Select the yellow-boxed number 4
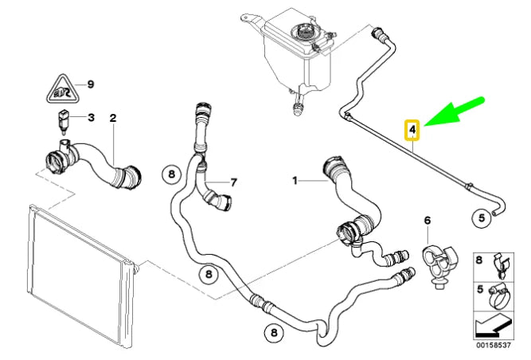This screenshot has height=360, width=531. point(412,127)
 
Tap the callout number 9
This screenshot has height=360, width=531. point(91,84)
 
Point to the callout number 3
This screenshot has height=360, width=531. point(91,118)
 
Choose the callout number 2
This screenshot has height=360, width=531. point(113,118)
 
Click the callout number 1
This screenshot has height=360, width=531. point(295,182)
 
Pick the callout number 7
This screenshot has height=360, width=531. point(233,182)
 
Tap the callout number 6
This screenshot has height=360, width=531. point(427,220)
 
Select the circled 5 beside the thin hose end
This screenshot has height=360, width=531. point(481,216)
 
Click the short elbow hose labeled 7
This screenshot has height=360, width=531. point(216,197)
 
